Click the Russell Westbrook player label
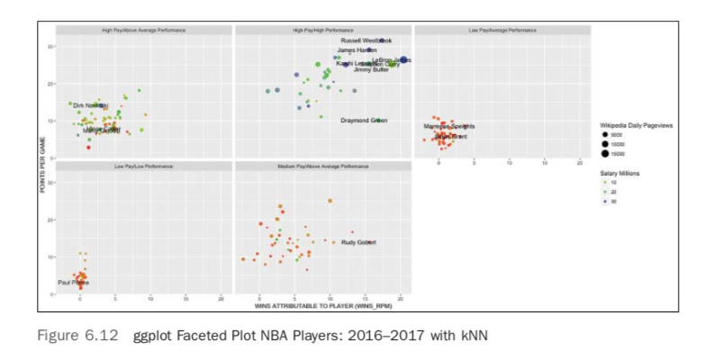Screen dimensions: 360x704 click(366, 40)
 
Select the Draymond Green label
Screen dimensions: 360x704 click(364, 121)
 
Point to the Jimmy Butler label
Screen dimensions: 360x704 click(371, 69)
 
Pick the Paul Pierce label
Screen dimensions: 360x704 click(73, 283)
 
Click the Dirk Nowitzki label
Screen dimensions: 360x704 click(90, 105)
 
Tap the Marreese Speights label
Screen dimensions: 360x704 click(449, 127)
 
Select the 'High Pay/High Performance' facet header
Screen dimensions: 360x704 click(323, 31)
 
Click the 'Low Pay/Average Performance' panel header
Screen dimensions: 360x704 click(501, 31)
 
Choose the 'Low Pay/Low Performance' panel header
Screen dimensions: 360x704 click(144, 166)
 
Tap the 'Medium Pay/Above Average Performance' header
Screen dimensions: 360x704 click(323, 166)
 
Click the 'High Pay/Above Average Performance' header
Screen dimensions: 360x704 click(144, 31)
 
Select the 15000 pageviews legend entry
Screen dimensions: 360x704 click(630, 153)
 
